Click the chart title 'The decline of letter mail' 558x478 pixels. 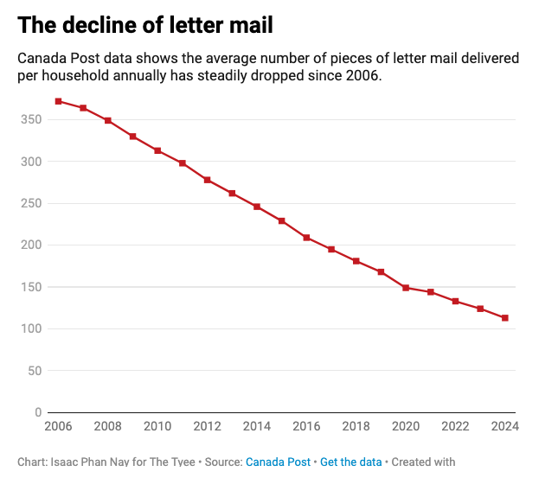click(x=145, y=25)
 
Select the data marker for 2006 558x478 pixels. click(x=58, y=101)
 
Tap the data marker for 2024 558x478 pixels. click(x=505, y=318)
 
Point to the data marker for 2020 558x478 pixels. click(x=406, y=288)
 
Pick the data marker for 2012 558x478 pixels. click(x=208, y=180)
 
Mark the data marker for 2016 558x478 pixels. click(x=306, y=238)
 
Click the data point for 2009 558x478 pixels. click(x=133, y=137)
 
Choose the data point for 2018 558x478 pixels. click(x=356, y=261)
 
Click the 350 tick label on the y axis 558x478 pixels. click(x=31, y=119)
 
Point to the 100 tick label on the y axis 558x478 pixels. click(x=31, y=328)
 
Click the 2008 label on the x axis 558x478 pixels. click(x=107, y=426)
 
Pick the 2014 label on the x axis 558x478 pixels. click(x=257, y=426)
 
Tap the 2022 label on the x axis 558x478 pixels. click(x=455, y=426)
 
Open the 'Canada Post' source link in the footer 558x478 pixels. click(x=278, y=462)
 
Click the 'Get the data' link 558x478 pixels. click(x=350, y=462)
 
